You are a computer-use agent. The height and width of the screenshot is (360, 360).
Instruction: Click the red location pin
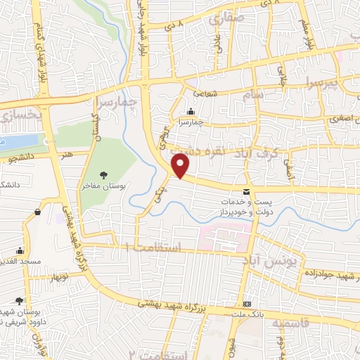181,166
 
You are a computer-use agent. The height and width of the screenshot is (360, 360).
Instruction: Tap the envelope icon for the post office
246,191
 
